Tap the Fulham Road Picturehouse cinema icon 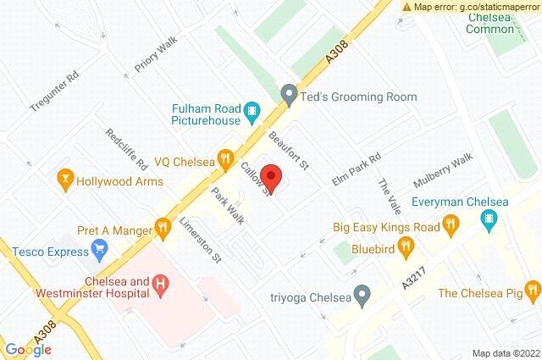point(252,110)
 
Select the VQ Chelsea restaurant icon point(224,157)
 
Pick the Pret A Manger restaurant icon point(163,226)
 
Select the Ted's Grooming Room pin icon point(289,97)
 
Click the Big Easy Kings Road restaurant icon point(451,224)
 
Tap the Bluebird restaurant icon point(406,246)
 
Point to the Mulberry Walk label point(442,173)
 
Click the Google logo point(29,349)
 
